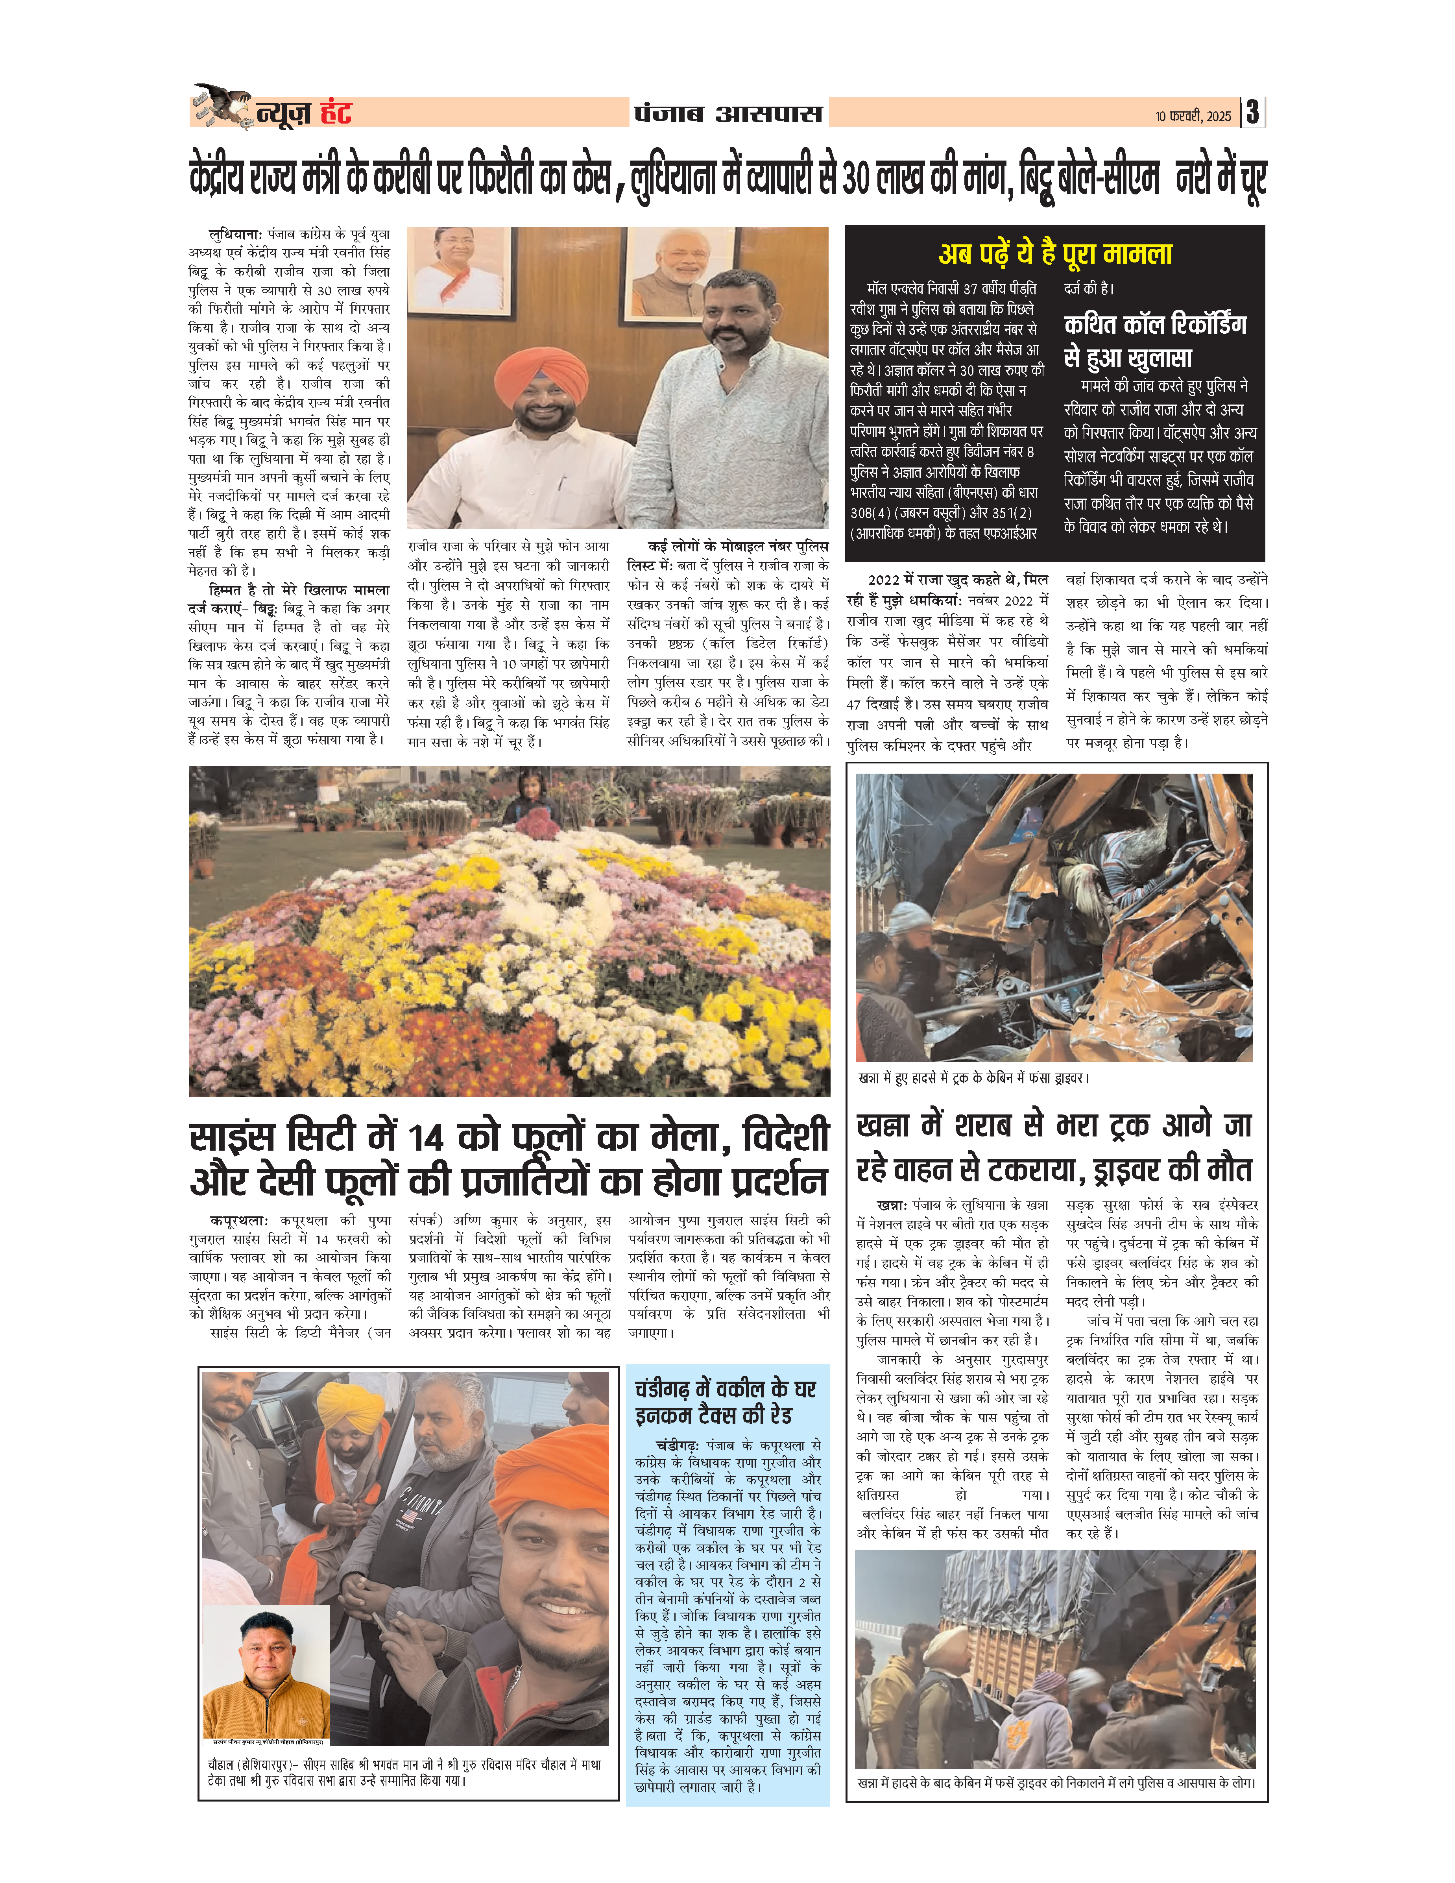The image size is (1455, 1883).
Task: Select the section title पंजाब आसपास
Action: (x=728, y=113)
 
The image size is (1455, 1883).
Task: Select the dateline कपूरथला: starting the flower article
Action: (x=239, y=1221)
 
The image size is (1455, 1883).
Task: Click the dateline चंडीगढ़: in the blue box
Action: (x=677, y=1445)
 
